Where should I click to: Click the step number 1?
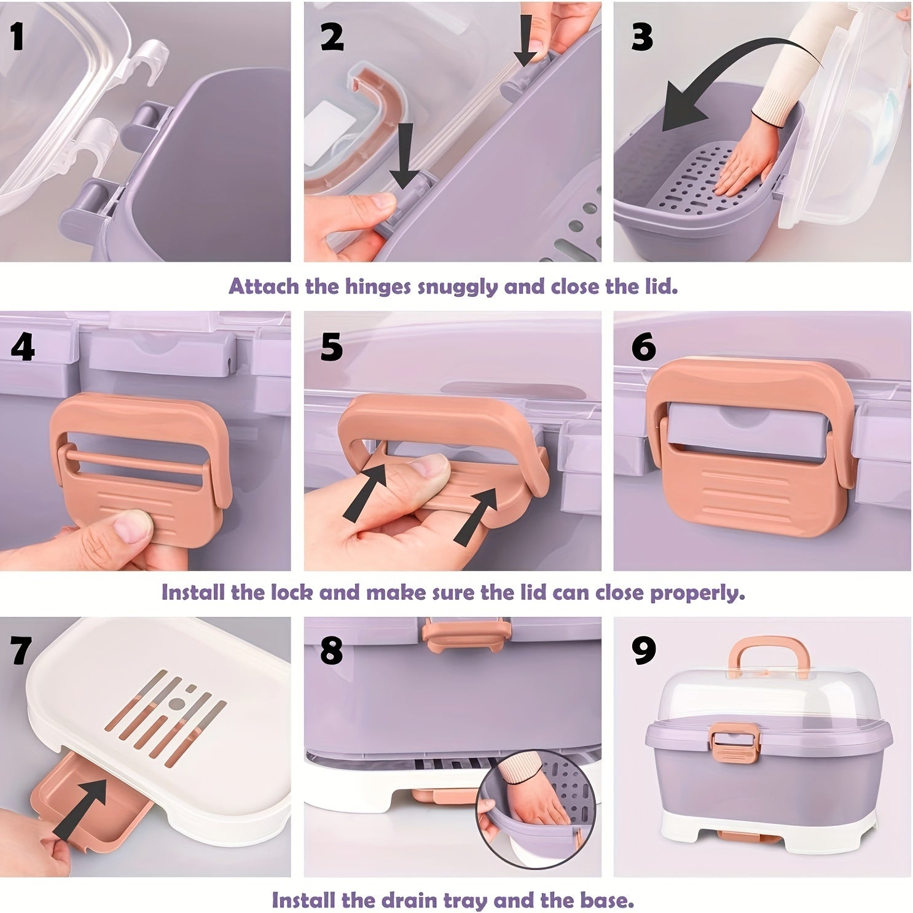click(x=17, y=36)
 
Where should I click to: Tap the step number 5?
click(x=332, y=347)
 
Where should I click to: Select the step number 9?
click(x=643, y=651)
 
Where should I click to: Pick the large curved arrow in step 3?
click(x=737, y=74)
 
